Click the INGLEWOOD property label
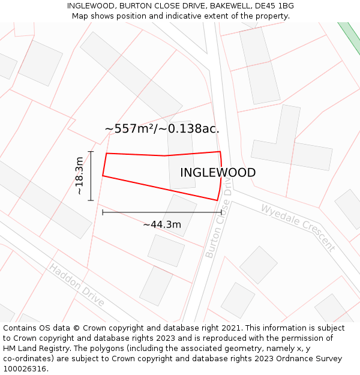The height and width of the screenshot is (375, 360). click(218, 173)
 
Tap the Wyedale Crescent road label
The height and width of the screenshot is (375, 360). click(297, 227)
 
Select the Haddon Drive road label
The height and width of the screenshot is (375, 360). click(77, 284)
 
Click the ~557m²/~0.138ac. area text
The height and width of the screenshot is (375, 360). click(162, 129)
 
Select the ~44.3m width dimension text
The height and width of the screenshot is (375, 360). click(162, 224)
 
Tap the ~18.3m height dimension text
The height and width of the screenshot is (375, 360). click(79, 176)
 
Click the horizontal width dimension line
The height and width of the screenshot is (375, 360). click(162, 212)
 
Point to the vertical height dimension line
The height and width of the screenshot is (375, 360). click(91, 176)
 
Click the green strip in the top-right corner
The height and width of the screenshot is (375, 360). click(350, 37)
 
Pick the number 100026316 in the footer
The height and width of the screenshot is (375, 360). click(25, 369)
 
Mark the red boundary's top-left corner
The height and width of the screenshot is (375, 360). click(107, 154)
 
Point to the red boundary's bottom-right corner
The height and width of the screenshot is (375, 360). click(217, 200)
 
